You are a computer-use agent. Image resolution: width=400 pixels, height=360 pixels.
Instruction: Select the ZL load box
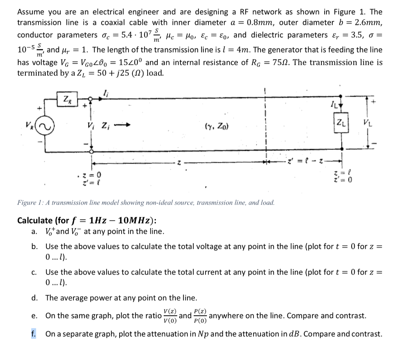pos(341,123)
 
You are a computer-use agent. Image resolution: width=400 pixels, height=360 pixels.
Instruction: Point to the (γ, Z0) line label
pos(217,126)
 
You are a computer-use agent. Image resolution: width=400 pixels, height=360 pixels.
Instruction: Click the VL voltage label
pos(368,123)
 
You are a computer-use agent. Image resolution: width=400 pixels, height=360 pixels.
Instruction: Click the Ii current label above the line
pos(105,93)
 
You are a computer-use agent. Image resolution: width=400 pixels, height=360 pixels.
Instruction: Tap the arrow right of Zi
pos(122,125)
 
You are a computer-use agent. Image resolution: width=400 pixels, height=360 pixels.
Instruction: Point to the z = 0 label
pos(92,175)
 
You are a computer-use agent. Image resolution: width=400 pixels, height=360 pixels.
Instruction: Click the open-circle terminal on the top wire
pos(90,99)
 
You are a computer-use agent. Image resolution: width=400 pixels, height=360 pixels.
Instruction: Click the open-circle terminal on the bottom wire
pos(91,152)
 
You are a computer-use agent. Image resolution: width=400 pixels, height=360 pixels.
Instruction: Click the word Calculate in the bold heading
pos(35,220)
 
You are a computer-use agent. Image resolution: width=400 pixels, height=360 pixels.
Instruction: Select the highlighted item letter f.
pos(34,334)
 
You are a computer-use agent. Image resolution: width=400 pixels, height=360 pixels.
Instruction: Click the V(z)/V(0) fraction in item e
pos(170,316)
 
